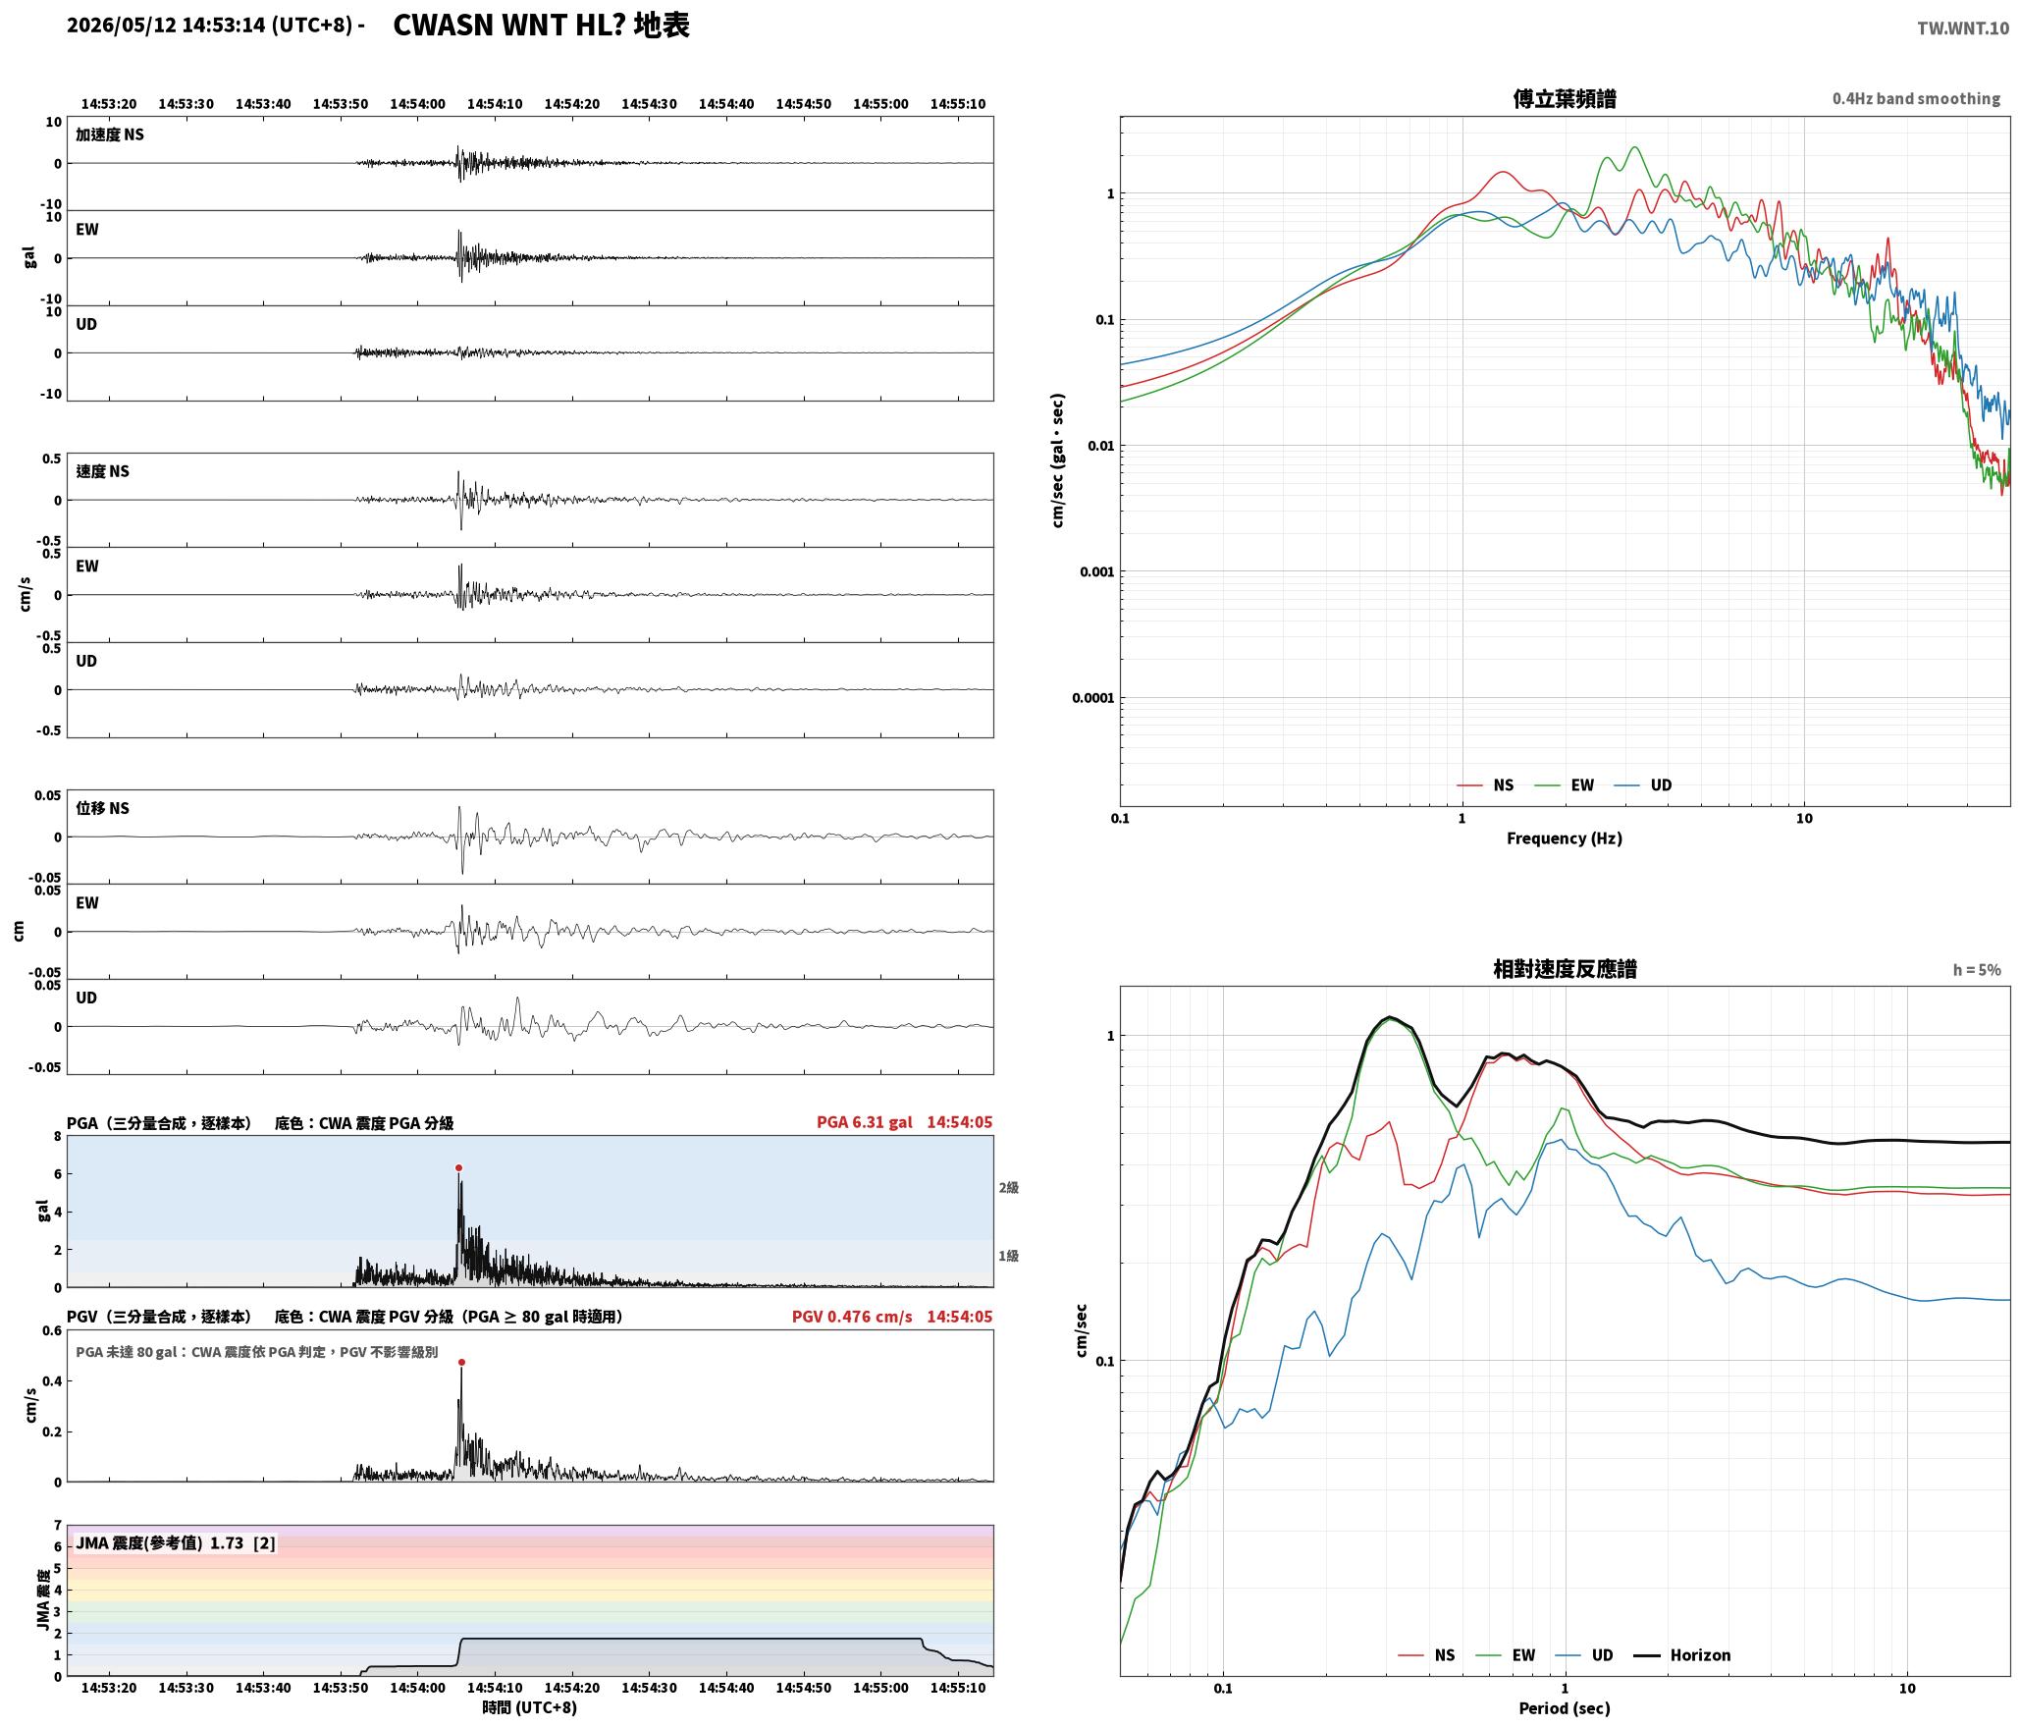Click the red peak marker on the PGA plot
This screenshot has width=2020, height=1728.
tap(458, 1168)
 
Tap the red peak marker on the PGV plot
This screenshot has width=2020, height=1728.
tap(461, 1363)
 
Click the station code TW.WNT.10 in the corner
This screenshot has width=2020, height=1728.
tap(1963, 28)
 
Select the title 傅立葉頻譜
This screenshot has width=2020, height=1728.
tap(1565, 99)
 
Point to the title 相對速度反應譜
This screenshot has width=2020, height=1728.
tap(1565, 969)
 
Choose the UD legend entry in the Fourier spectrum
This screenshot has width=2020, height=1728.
tap(1643, 785)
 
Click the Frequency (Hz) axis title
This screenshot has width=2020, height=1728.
tap(1565, 838)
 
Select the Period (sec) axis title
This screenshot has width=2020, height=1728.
tap(1565, 1708)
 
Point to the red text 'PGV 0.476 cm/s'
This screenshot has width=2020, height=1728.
tap(852, 1317)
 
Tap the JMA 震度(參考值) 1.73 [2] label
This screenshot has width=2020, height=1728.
tap(176, 1543)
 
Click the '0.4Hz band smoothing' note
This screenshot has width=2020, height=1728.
tap(1916, 99)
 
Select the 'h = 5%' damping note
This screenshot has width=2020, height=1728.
tap(1977, 970)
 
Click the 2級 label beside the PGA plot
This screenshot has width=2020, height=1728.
tap(1009, 1188)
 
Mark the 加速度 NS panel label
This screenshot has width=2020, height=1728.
tap(110, 135)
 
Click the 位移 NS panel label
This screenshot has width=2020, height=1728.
tap(103, 808)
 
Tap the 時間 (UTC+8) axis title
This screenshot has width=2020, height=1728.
tap(530, 1707)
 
